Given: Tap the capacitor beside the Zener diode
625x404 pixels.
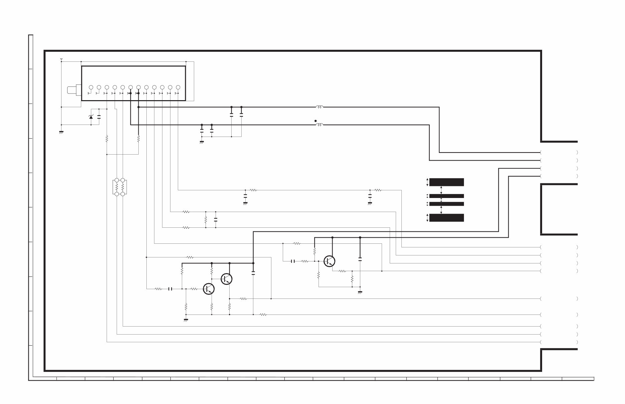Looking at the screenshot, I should coord(99,117).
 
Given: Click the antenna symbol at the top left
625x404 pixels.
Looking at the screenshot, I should coord(61,60).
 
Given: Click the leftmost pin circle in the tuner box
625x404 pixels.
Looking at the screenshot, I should coord(91,87).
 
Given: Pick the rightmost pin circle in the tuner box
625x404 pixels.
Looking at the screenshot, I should coord(178,87).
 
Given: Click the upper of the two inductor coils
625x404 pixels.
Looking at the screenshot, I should coord(319,107).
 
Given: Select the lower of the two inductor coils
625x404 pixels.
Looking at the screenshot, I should coord(319,125).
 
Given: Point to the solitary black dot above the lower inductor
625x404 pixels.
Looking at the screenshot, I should coord(315,121).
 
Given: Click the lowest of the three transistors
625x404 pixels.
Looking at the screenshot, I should coord(209,289).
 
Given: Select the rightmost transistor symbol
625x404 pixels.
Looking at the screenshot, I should coord(330,261).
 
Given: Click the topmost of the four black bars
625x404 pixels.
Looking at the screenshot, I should coord(446,182).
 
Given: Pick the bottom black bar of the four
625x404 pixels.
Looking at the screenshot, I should coord(446,218).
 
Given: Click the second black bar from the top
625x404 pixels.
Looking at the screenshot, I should coord(446,196).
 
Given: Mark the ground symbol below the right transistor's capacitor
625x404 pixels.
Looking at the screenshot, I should coord(360,292).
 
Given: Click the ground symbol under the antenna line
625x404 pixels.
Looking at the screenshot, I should coord(61,132).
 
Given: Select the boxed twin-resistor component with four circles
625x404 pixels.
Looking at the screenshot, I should coord(120,187).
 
